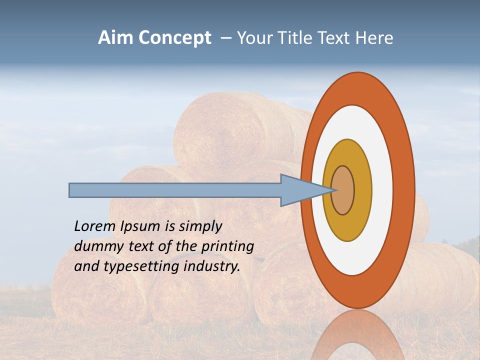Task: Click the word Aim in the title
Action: point(116,38)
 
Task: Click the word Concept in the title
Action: point(175,38)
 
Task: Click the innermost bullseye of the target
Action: point(343,190)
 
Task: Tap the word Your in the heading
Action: point(254,38)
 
